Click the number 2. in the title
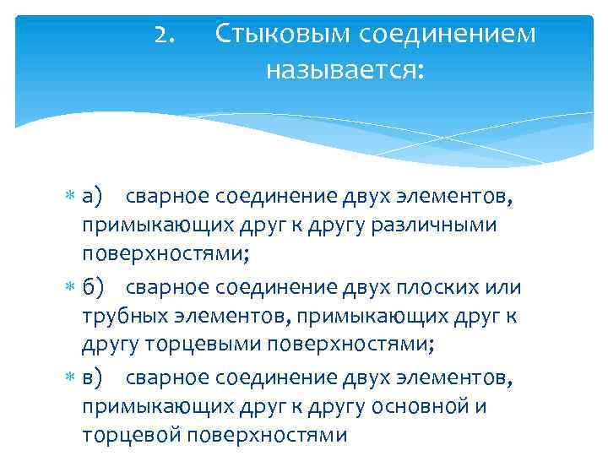[166, 35]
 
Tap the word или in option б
[503, 288]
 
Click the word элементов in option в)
[458, 379]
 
